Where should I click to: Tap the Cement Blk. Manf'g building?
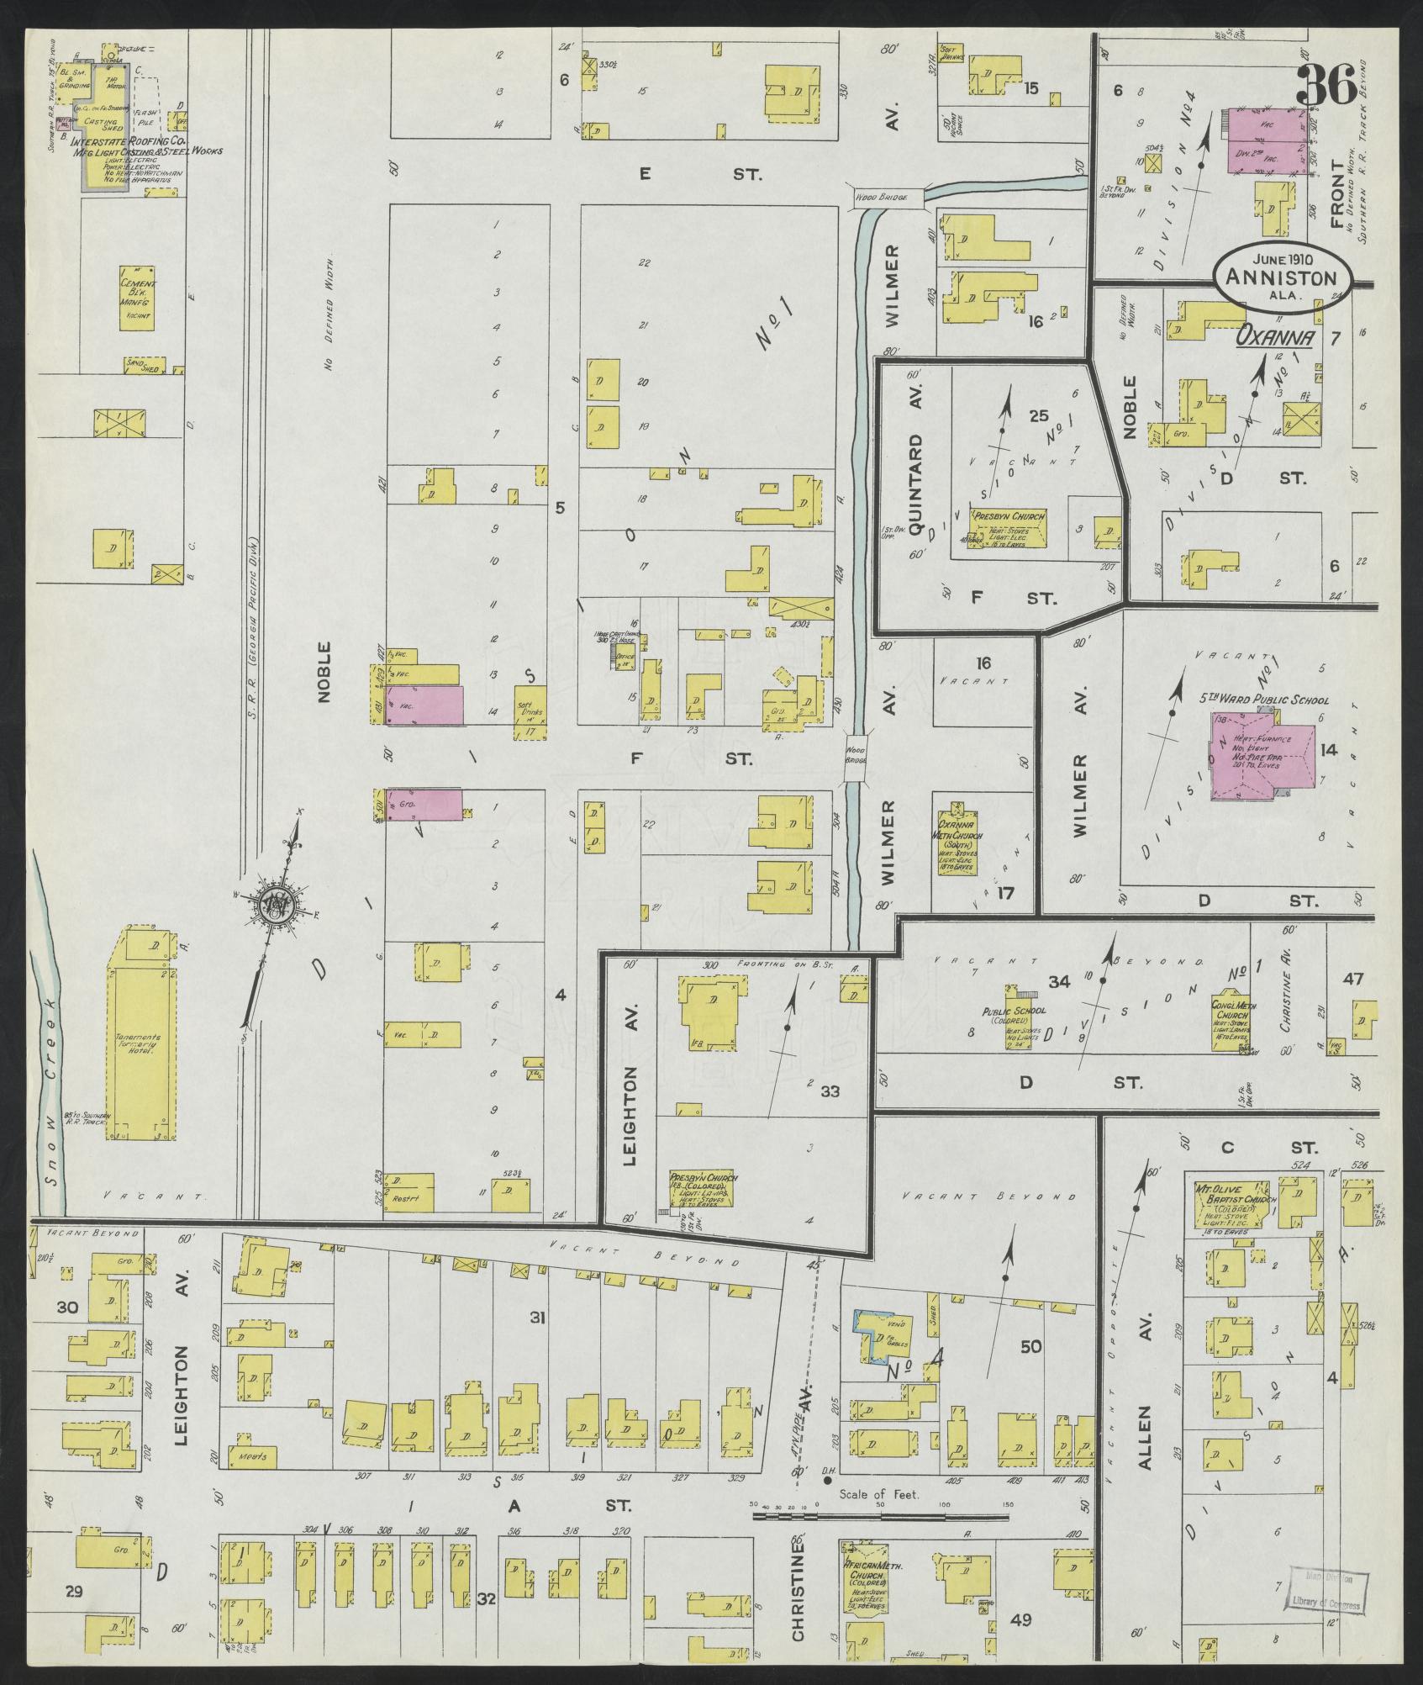pos(137,298)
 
